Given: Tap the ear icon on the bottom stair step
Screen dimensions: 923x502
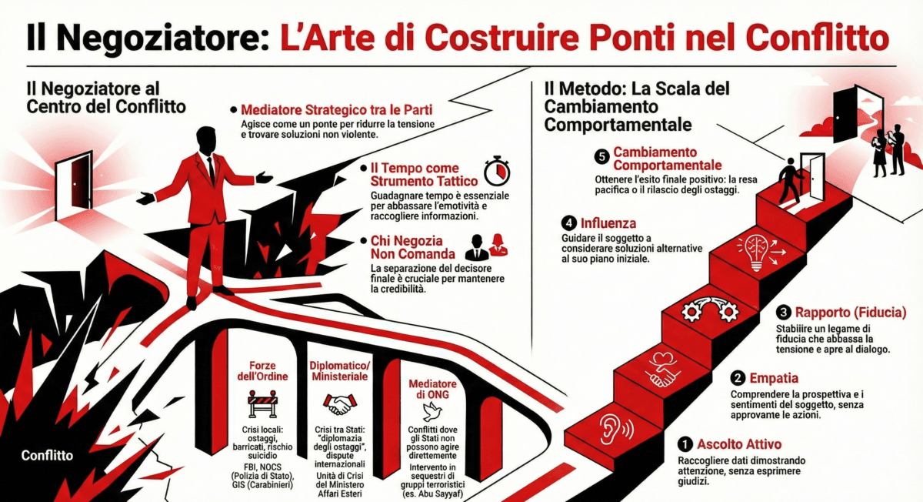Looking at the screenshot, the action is click(x=615, y=429).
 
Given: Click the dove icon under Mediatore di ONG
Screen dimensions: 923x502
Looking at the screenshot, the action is click(x=432, y=412).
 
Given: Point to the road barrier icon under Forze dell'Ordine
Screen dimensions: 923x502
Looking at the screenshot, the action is click(x=262, y=403).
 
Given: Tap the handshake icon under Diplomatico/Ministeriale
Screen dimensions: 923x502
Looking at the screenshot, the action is click(x=339, y=404).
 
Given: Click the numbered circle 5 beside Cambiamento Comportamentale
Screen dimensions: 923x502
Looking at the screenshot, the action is click(x=602, y=157).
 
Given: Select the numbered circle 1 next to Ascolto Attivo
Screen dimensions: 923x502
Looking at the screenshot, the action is click(x=685, y=444).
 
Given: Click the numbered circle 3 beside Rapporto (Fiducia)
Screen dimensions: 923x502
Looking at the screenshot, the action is click(x=783, y=313).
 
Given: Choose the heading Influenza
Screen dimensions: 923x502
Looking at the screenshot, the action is click(x=608, y=223).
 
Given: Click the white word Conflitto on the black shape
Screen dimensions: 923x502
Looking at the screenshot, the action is click(x=47, y=455).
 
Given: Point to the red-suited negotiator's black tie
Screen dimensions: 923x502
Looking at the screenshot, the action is click(x=211, y=169).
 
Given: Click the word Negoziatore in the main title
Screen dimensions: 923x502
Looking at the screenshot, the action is click(x=163, y=38).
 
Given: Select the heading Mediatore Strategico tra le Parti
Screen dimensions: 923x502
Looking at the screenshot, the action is click(x=337, y=110).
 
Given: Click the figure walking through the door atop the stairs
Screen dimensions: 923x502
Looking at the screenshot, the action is click(x=789, y=180).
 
